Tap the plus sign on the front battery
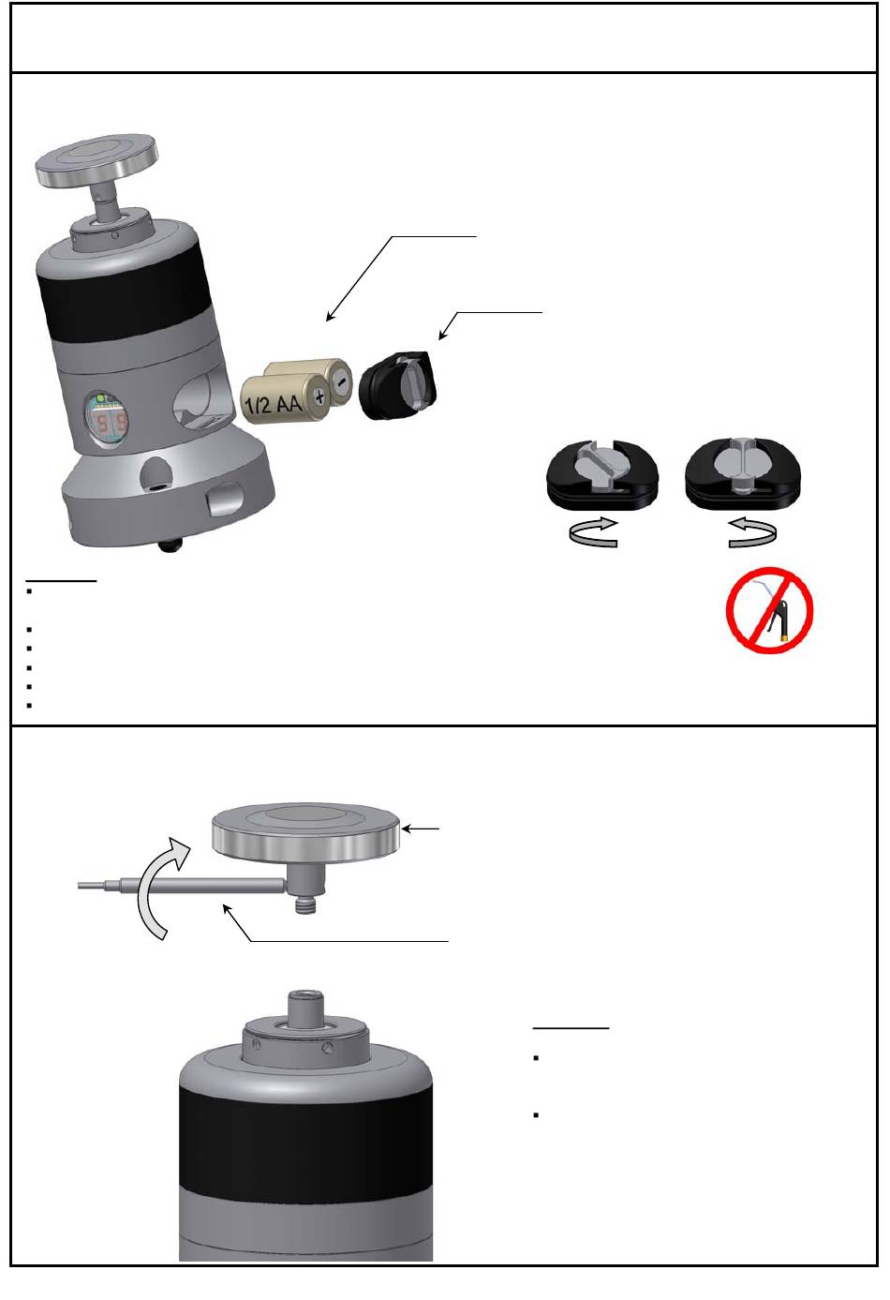tap(318, 397)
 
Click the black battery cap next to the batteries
tap(398, 384)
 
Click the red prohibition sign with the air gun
tap(769, 610)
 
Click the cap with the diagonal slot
tap(602, 474)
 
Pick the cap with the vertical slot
tap(743, 473)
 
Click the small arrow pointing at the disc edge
tap(420, 829)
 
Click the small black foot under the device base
tap(171, 545)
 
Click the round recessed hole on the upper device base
tap(156, 472)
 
